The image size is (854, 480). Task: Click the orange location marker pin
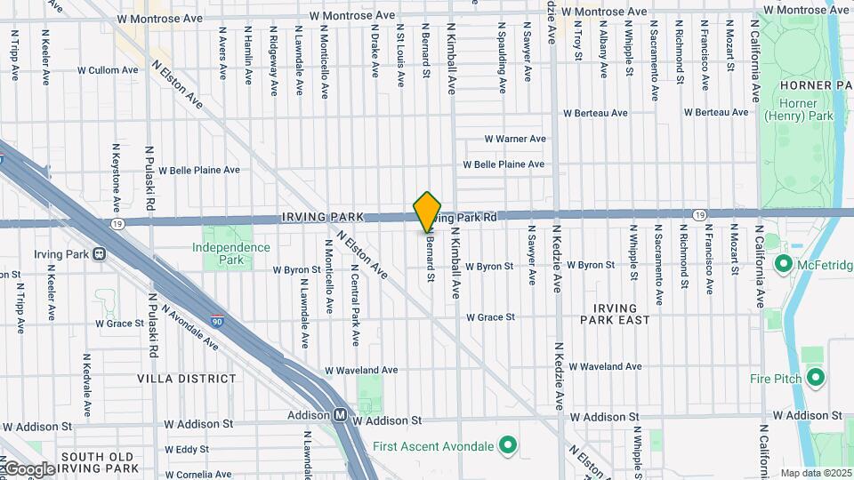(x=428, y=212)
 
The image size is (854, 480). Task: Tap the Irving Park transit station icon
(x=99, y=253)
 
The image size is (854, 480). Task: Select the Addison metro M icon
(x=340, y=415)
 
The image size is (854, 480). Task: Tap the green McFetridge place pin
(x=784, y=264)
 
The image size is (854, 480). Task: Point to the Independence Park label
(x=230, y=253)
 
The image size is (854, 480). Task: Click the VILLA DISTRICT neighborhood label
(x=187, y=378)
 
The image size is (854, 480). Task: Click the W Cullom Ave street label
(x=108, y=69)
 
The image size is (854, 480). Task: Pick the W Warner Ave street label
(x=514, y=139)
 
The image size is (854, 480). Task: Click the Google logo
(x=28, y=468)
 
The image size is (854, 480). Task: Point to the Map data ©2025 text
(x=814, y=473)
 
